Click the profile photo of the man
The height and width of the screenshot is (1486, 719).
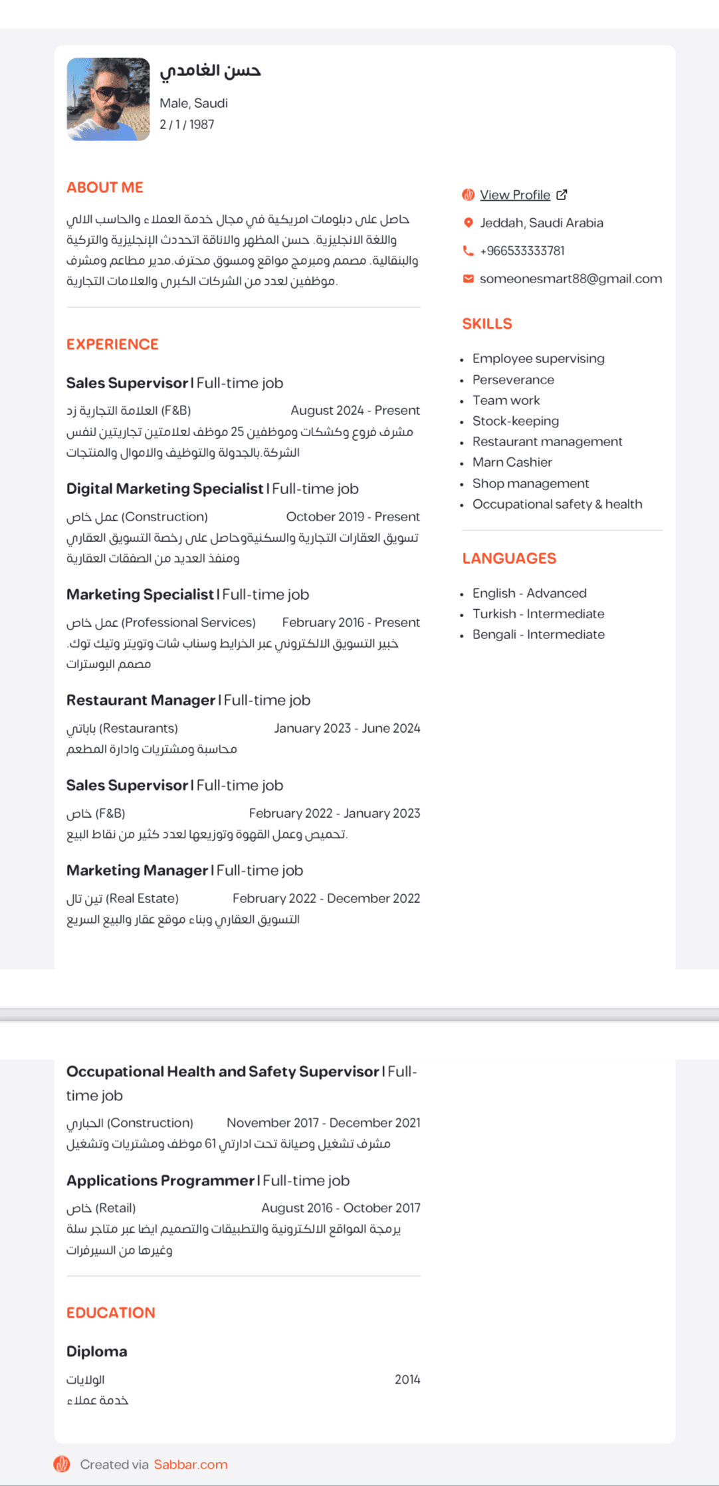(x=108, y=99)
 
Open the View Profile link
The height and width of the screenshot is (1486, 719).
(x=515, y=195)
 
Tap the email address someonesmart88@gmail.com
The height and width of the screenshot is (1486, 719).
(x=570, y=279)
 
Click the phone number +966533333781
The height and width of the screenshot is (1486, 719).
(x=522, y=251)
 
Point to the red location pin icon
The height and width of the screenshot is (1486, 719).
(x=468, y=223)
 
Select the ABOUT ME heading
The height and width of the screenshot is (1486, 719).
(x=105, y=187)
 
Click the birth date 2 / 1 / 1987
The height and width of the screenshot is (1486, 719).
(x=187, y=124)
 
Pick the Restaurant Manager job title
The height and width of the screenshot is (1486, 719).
(x=141, y=700)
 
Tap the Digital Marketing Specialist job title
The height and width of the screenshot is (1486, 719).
(x=165, y=489)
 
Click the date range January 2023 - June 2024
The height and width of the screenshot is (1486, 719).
(x=347, y=728)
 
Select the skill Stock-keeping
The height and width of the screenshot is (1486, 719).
(x=516, y=421)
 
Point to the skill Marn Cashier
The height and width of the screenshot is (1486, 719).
(x=512, y=462)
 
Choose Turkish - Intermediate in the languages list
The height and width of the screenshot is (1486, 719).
(x=538, y=614)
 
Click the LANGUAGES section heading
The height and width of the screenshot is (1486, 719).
(x=509, y=558)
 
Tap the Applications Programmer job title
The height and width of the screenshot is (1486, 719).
(x=160, y=1180)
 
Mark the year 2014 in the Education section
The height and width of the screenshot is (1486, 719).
(x=407, y=1380)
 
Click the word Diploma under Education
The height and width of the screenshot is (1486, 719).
(x=97, y=1351)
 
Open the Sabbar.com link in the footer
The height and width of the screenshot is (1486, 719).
(x=191, y=1465)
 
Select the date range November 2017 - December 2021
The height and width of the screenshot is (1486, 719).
(x=324, y=1123)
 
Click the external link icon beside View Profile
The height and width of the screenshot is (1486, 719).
(x=562, y=195)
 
